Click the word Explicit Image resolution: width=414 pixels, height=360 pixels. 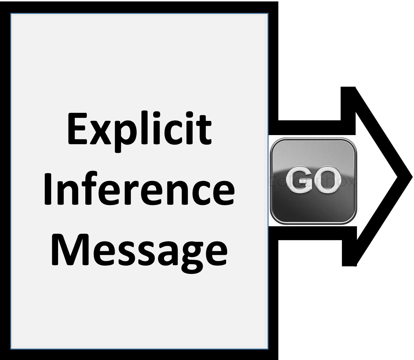coord(139,131)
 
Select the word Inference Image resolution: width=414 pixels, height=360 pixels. coord(139,188)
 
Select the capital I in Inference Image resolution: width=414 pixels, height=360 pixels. coord(47,189)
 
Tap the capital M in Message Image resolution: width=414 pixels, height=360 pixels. coord(70,250)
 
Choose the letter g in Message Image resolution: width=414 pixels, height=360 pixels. coord(192,258)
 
